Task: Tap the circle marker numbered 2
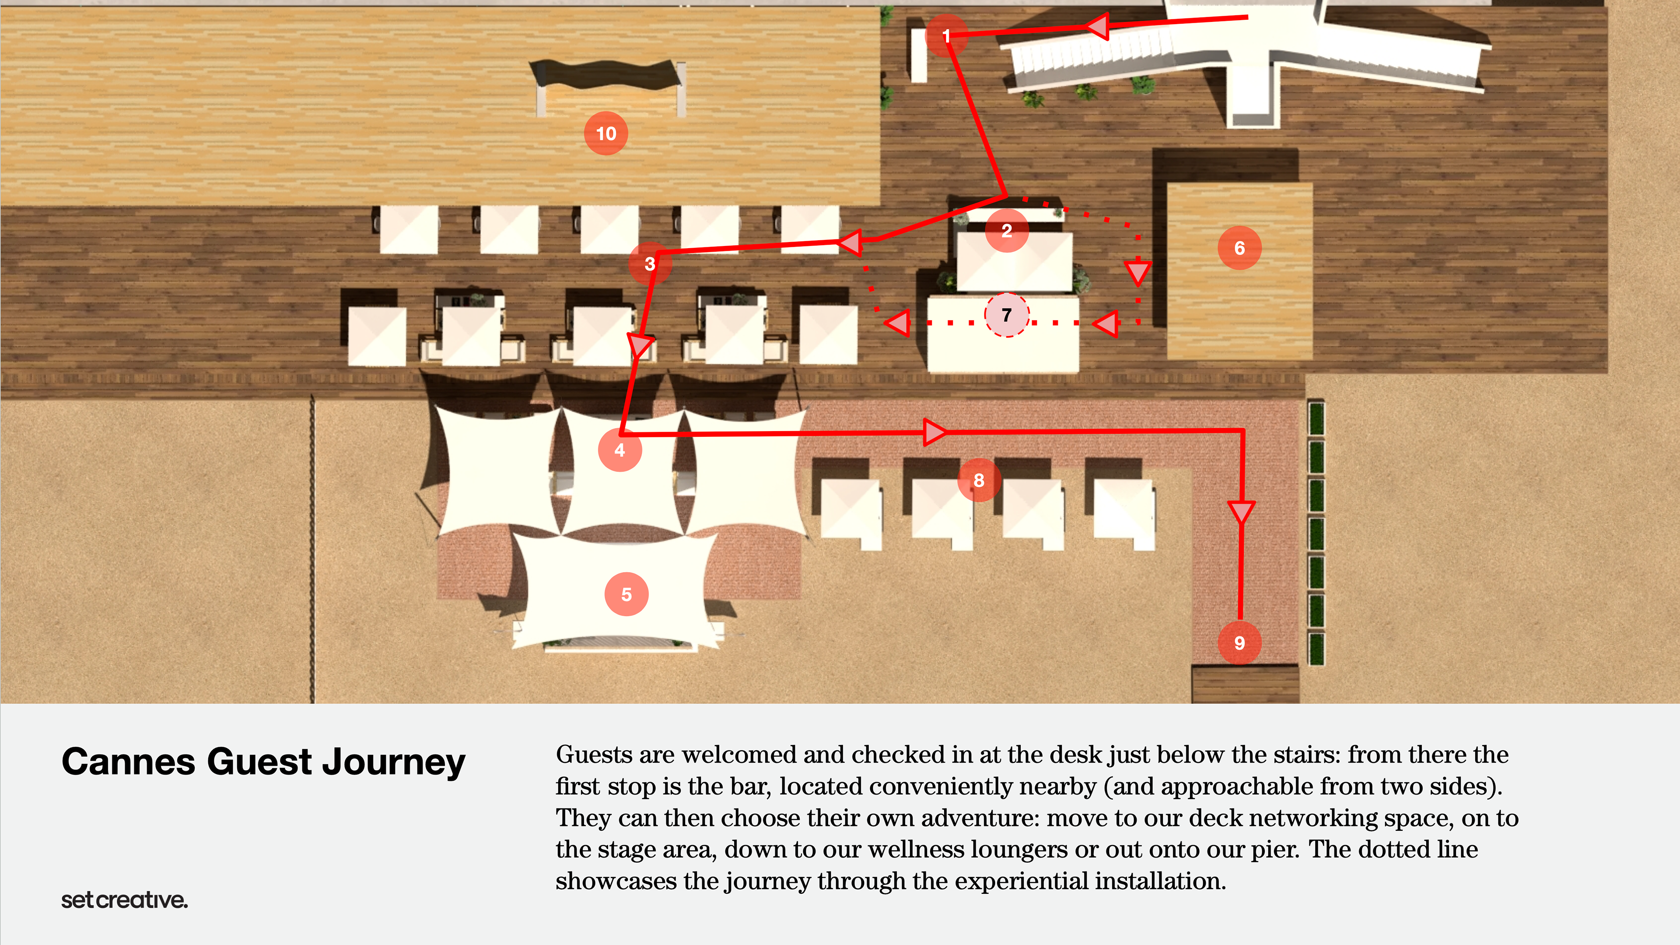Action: tap(1006, 230)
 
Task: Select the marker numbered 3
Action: tap(650, 263)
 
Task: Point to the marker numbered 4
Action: tap(619, 450)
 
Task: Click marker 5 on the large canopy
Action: tap(626, 594)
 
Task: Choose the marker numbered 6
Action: tap(1239, 248)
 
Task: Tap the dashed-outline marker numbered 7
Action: tap(1006, 315)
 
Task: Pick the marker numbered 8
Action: tap(978, 480)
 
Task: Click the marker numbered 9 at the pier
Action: tap(1239, 643)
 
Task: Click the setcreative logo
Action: tap(124, 900)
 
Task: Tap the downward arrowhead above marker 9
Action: tap(1240, 511)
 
